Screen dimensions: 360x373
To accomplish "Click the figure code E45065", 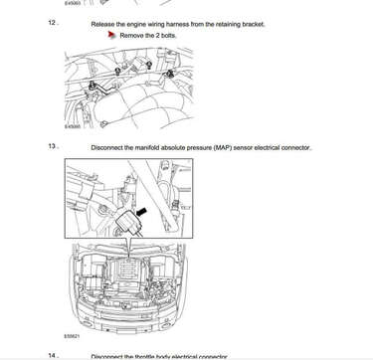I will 73,126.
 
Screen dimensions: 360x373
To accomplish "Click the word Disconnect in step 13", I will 108,147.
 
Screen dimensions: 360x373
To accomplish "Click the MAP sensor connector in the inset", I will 126,220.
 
